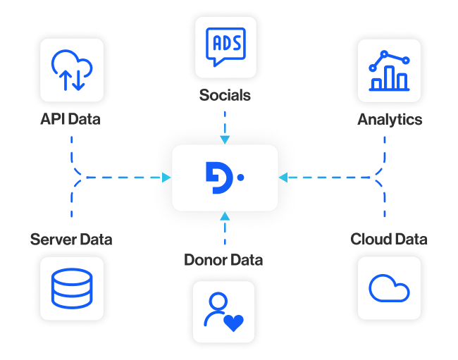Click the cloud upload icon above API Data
pos(71,70)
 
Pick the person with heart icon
pos(223,312)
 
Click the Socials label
pos(224,95)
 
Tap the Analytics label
pos(389,120)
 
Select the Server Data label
pos(70,240)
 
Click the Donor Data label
pos(223,260)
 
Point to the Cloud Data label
pos(389,240)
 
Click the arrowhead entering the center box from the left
pos(167,178)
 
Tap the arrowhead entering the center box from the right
pos(283,178)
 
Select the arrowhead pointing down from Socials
pos(224,138)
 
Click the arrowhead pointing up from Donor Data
pos(224,216)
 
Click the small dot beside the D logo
pos(240,178)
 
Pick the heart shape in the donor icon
pos(233,322)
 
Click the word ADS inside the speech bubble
pos(224,42)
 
